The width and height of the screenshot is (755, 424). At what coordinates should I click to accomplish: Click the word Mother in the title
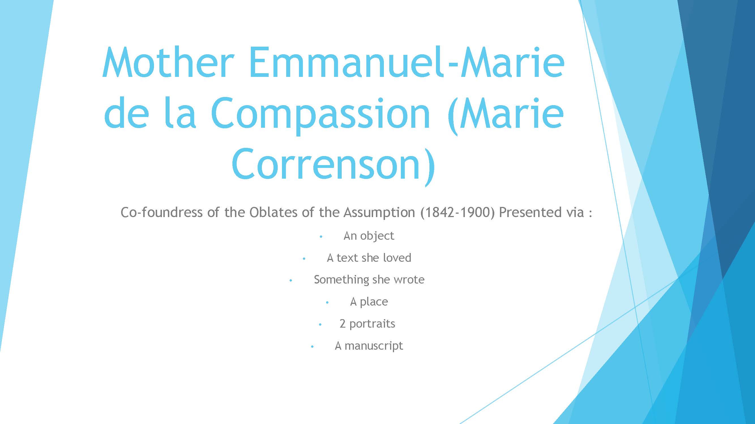click(168, 62)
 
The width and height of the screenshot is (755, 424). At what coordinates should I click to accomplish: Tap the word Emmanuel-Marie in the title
click(407, 62)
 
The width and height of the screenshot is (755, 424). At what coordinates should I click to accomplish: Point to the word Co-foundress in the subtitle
click(161, 212)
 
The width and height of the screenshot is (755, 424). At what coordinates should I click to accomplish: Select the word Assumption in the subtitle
click(379, 213)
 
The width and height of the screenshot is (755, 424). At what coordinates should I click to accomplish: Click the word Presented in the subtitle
click(530, 212)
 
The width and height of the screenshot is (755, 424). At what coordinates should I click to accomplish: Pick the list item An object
click(369, 236)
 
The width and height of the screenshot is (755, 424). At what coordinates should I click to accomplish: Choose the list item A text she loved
click(369, 258)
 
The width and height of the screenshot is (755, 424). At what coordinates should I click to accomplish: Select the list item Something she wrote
click(369, 280)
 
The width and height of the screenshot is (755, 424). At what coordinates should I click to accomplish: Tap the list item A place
click(369, 302)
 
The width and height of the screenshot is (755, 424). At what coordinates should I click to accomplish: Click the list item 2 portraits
click(367, 324)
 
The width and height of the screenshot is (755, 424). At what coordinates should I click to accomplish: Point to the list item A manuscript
click(369, 346)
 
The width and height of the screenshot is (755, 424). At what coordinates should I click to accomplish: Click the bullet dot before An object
click(321, 237)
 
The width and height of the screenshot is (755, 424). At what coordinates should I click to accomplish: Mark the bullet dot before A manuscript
click(312, 347)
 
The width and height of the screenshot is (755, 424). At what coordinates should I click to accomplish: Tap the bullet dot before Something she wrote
click(291, 281)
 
